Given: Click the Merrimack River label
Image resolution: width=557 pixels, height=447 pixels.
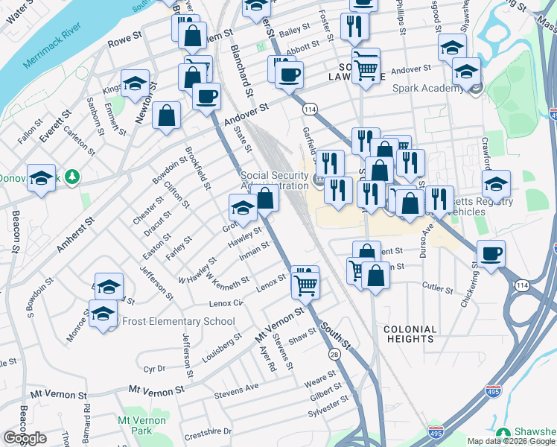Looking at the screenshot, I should [x=52, y=51].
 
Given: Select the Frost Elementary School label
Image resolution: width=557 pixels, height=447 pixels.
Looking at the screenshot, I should [x=174, y=321].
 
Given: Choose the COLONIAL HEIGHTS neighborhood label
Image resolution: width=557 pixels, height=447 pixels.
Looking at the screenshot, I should [x=408, y=333].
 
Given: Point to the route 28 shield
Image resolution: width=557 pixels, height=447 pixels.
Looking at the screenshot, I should [x=334, y=355].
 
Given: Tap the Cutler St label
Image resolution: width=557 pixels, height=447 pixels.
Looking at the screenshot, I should [x=437, y=288].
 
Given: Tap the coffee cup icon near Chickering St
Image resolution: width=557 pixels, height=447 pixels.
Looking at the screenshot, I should [x=491, y=254].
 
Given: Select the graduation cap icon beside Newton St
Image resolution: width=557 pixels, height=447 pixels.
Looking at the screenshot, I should [x=135, y=83].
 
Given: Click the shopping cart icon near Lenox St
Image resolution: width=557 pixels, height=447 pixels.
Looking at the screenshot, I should [x=305, y=282].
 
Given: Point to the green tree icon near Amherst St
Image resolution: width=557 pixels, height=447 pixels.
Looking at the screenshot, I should [x=71, y=177].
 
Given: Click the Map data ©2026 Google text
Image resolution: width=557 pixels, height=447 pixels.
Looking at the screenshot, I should [x=511, y=441].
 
